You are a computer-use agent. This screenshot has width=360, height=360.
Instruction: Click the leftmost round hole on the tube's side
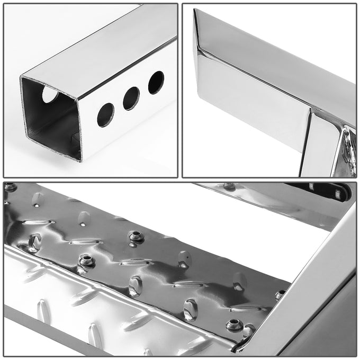(105, 115)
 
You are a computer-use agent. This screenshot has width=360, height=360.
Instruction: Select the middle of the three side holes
(131, 98)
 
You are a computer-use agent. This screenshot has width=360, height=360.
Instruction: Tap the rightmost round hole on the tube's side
(156, 83)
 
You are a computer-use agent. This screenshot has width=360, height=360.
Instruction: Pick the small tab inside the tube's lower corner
(76, 139)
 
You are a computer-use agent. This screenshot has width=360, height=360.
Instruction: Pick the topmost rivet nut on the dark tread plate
(136, 236)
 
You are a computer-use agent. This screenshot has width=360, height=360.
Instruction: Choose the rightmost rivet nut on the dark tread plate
(280, 294)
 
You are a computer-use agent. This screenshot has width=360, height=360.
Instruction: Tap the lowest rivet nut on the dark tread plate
(233, 325)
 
